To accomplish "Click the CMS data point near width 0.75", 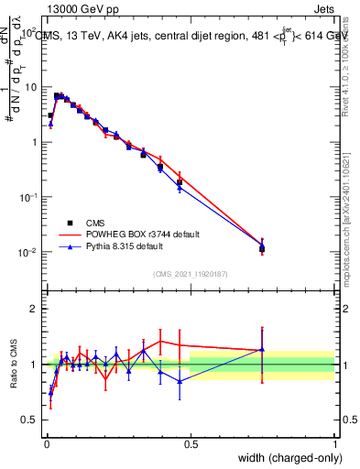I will coord(262,248).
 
